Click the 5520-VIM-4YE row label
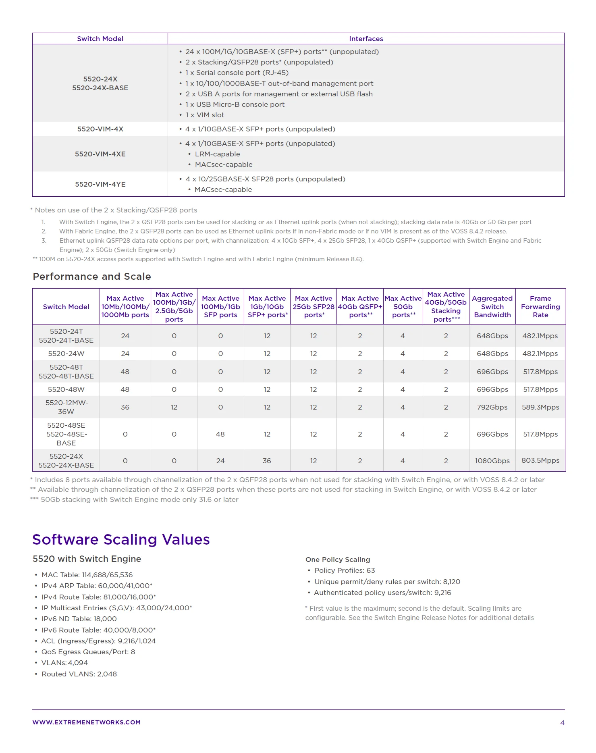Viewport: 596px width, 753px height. coord(100,184)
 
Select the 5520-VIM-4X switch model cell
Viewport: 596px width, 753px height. coord(100,129)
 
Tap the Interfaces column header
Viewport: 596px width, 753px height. coord(366,39)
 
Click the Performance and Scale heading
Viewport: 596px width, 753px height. coord(92,277)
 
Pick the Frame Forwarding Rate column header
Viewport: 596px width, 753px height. coord(540,307)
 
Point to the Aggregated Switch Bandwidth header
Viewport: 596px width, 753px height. coord(492,307)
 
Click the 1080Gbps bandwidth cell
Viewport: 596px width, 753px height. coord(492,461)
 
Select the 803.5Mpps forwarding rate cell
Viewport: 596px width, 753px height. coord(540,460)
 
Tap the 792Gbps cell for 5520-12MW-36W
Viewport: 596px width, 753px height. coord(492,407)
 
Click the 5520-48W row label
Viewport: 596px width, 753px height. coord(66,389)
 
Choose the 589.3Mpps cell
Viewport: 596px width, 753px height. coord(540,407)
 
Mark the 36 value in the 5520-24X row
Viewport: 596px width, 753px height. coord(267,461)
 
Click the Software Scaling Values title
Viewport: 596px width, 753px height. coord(121,540)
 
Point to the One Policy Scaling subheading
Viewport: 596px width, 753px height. coord(338,560)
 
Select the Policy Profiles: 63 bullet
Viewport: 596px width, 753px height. coord(345,570)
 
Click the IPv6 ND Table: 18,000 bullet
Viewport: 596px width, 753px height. coord(79,619)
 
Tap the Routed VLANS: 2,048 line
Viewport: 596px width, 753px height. coord(79,674)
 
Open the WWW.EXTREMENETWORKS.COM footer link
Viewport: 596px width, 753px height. coord(87,722)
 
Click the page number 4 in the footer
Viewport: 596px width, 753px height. coord(562,723)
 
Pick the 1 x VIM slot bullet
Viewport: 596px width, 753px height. coord(205,115)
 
